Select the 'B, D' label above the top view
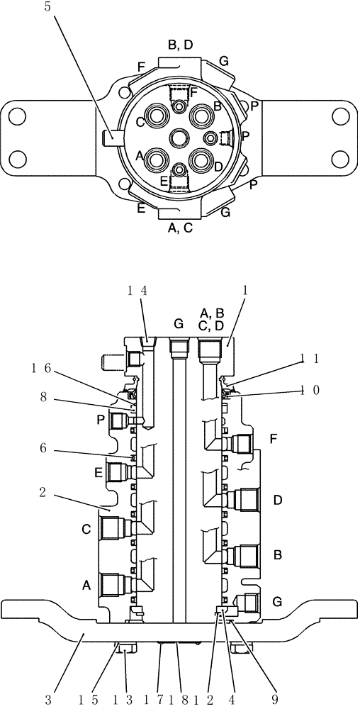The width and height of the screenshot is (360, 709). [x=180, y=45]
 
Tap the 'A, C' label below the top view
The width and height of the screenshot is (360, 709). [x=180, y=228]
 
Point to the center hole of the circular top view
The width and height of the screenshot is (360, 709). [x=180, y=138]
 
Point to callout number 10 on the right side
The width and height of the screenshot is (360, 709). [x=310, y=389]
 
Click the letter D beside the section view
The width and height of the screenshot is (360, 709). [x=278, y=501]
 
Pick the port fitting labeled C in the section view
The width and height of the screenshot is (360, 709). [x=113, y=527]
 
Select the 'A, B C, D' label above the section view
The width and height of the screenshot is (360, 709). [x=213, y=320]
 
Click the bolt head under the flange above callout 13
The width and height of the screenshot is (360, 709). [x=125, y=647]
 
